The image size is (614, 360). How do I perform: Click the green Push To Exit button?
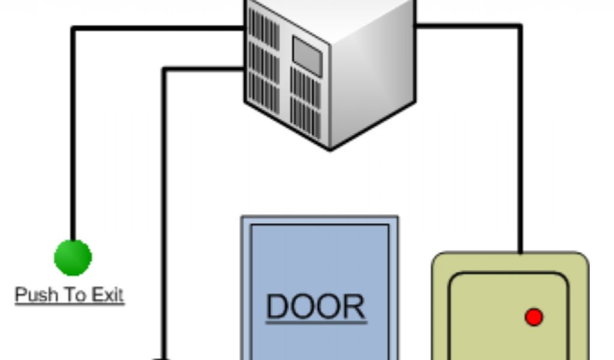pyautogui.click(x=73, y=257)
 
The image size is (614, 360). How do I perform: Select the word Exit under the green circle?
pyautogui.click(x=107, y=295)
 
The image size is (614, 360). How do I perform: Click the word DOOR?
pyautogui.click(x=315, y=307)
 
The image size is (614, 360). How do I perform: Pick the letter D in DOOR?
pyautogui.click(x=277, y=307)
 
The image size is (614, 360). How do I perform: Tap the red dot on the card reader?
pyautogui.click(x=534, y=317)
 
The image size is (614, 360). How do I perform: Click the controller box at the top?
pyautogui.click(x=329, y=72)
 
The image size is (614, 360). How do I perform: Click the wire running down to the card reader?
pyautogui.click(x=519, y=150)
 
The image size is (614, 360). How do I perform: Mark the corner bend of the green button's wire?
pyautogui.click(x=74, y=28)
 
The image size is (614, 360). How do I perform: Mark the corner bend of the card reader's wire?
pyautogui.click(x=519, y=26)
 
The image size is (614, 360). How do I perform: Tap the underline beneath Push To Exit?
pyautogui.click(x=70, y=305)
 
